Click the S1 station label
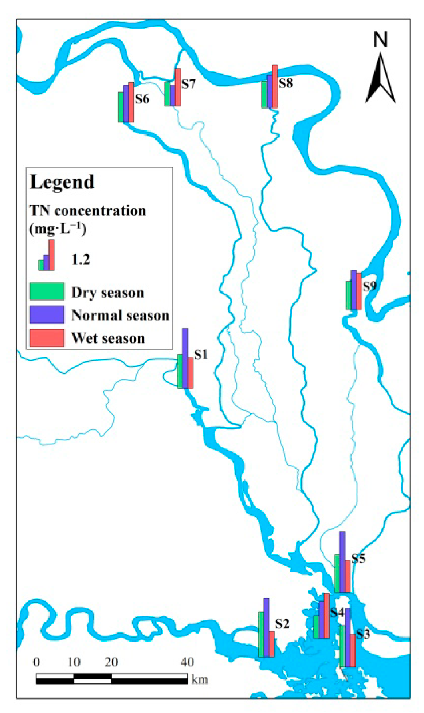tap(200, 354)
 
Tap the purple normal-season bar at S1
tap(185, 359)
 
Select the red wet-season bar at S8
tap(275, 86)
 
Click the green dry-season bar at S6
tap(121, 107)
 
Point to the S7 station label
tap(188, 84)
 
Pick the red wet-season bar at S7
tap(178, 87)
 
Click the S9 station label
tap(369, 286)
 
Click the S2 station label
tap(282, 623)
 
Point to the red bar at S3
tap(353, 650)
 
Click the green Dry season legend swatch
tap(47, 291)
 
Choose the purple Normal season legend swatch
tap(47, 314)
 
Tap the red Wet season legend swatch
tap(47, 338)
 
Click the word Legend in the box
tap(62, 182)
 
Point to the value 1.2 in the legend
tap(81, 259)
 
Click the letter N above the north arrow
tap(381, 39)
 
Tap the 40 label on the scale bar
tap(187, 662)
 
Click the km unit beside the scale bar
tap(200, 679)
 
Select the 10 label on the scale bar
tap(74, 662)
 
